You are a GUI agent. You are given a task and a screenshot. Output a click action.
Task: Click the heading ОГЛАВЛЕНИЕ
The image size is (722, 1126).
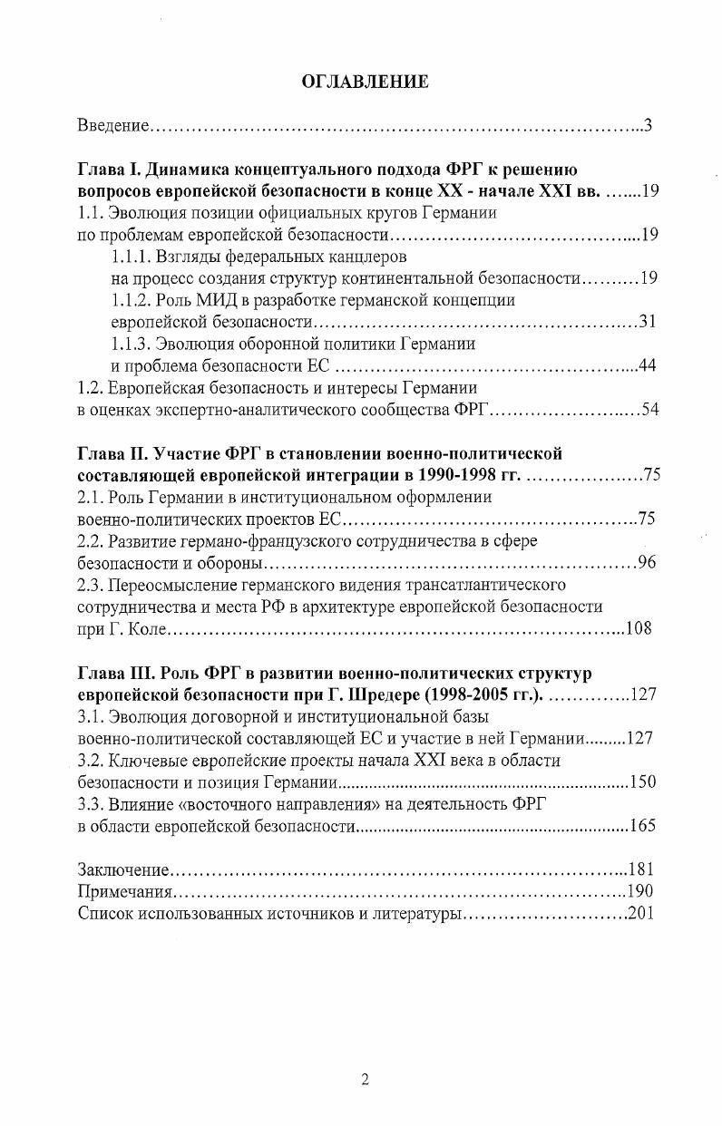364,82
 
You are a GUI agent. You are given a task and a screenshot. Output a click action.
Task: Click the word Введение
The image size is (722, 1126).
112,124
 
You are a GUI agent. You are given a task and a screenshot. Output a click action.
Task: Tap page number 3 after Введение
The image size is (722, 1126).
648,124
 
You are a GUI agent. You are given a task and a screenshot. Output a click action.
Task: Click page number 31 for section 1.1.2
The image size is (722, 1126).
647,322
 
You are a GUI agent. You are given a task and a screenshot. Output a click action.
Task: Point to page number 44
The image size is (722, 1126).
647,365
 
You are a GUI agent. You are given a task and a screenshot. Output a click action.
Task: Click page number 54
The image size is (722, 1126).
649,410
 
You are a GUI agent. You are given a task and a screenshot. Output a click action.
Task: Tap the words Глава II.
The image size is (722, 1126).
111,453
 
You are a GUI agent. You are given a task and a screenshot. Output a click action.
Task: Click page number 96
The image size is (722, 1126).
647,563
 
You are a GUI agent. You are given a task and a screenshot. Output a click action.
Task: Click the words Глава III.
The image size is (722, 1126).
113,673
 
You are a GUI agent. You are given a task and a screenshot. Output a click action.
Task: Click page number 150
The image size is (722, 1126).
641,781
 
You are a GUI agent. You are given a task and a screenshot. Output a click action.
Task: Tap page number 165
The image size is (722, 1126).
641,825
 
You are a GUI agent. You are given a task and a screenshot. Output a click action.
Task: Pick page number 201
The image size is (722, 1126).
640,913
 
